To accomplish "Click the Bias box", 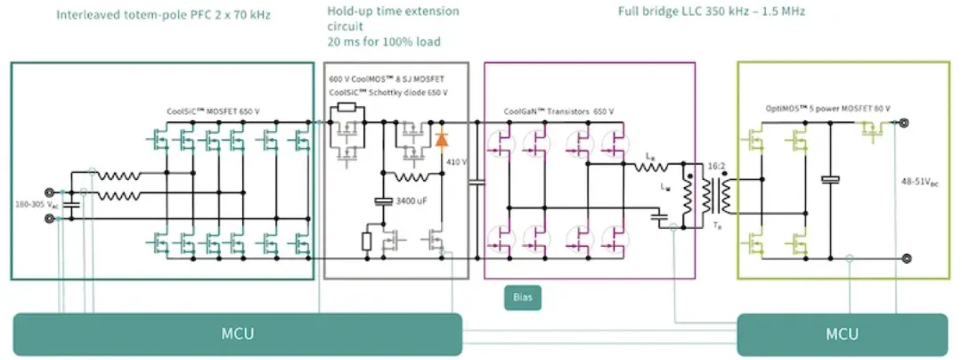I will point(522,297).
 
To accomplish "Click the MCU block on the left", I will point(237,334).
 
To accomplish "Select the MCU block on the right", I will point(842,334).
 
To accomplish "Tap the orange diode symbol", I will point(440,140).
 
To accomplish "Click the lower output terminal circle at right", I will point(906,259).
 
